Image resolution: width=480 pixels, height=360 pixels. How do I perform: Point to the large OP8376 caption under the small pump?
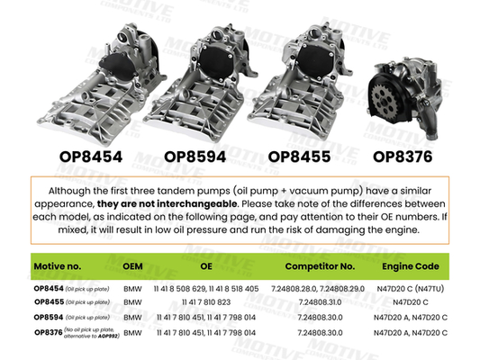click(x=403, y=155)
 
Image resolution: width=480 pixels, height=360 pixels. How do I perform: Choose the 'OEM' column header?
click(x=132, y=267)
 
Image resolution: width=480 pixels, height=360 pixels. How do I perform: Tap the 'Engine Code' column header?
click(x=410, y=267)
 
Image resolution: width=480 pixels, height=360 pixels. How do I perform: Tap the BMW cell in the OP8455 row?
click(x=132, y=302)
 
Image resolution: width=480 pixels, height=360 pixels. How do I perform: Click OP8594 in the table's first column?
click(x=48, y=317)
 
